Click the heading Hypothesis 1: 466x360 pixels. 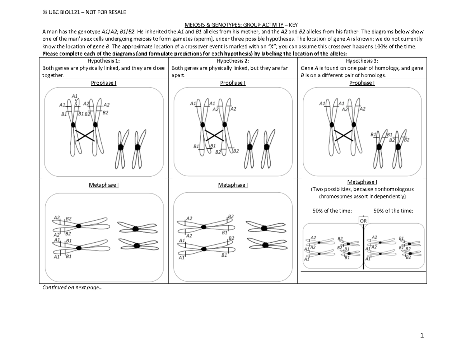point(104,61)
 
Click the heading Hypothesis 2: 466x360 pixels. point(233,61)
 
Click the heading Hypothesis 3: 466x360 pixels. point(362,61)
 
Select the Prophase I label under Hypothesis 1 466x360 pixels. point(104,83)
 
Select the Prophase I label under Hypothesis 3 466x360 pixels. point(362,83)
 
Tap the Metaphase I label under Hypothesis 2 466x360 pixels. point(233,185)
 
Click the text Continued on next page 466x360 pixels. point(73,288)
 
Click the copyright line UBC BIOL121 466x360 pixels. point(84,12)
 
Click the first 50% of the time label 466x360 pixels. point(332,210)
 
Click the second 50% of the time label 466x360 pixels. point(393,210)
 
